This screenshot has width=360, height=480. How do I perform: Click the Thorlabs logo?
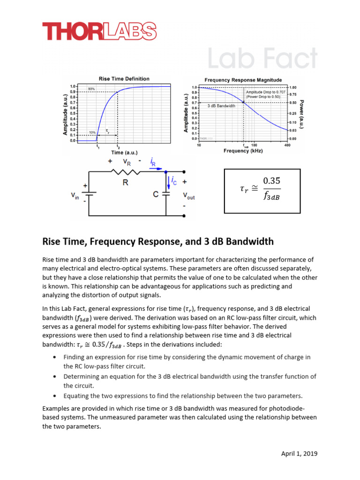click(x=99, y=32)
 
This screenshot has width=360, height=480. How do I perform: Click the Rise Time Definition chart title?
click(x=124, y=79)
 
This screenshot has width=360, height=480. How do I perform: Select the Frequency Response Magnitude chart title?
click(x=243, y=80)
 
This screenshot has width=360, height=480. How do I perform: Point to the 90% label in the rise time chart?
click(x=92, y=89)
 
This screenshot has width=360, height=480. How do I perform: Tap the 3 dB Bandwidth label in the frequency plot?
click(x=221, y=106)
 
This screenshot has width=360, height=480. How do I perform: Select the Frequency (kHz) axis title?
click(x=243, y=151)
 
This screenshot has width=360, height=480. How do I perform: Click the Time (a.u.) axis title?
click(x=124, y=152)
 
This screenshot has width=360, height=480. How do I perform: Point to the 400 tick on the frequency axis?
click(x=287, y=145)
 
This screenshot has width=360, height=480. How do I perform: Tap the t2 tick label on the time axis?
click(x=118, y=147)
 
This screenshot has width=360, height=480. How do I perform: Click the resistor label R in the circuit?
click(x=126, y=183)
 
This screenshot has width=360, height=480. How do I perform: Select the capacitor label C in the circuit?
click(x=156, y=194)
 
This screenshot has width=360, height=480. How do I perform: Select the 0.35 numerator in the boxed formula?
click(x=271, y=180)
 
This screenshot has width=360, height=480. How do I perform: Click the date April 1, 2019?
click(x=299, y=454)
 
